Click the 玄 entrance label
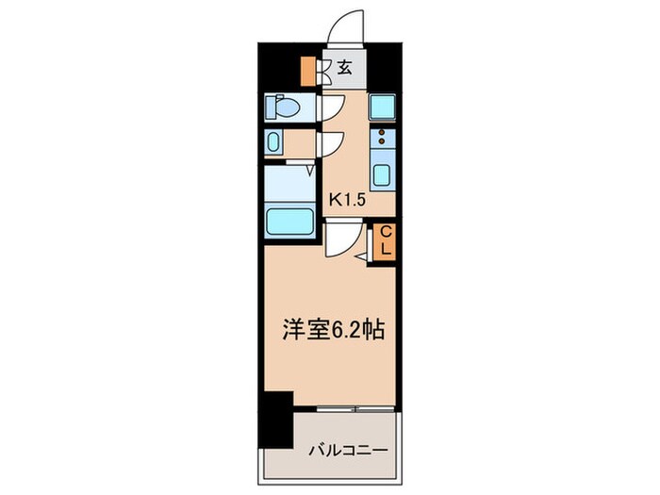pyautogui.click(x=345, y=68)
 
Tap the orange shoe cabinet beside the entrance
pyautogui.click(x=307, y=71)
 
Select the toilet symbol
pyautogui.click(x=281, y=107)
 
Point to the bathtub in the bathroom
pyautogui.click(x=290, y=223)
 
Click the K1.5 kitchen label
pyautogui.click(x=346, y=199)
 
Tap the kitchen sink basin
pyautogui.click(x=382, y=174)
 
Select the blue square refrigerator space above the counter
pyautogui.click(x=382, y=107)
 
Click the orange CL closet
pyautogui.click(x=385, y=241)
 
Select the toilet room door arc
pyautogui.click(x=331, y=107)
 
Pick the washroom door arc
pyautogui.click(x=331, y=143)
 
